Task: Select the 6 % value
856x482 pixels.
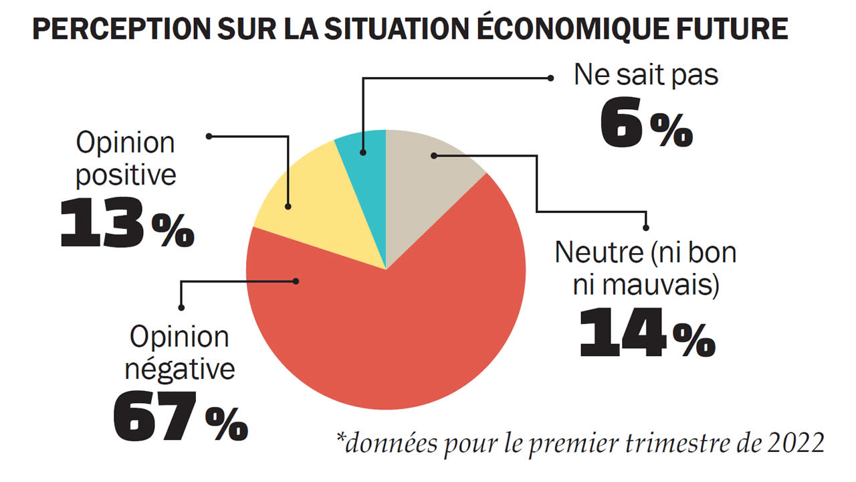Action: [645, 125]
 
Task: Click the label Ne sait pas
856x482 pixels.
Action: [646, 76]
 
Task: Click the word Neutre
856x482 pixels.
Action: [595, 253]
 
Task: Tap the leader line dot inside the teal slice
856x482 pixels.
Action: [362, 153]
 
